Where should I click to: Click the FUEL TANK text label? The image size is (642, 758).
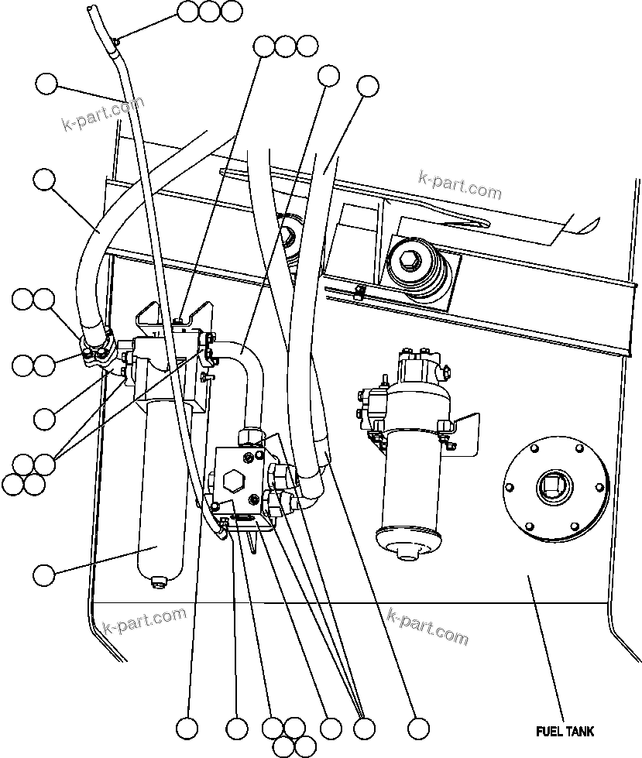[x=565, y=731]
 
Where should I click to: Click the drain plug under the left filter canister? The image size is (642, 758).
[x=158, y=581]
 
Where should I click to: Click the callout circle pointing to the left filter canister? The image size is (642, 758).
[x=44, y=575]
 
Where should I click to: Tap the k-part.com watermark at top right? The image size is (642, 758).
[x=459, y=183]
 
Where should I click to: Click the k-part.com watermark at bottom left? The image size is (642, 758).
[x=144, y=619]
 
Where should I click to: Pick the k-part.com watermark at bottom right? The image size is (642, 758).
[x=427, y=626]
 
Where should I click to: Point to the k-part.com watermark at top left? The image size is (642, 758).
[x=102, y=115]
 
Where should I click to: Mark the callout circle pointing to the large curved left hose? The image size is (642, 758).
[x=44, y=180]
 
